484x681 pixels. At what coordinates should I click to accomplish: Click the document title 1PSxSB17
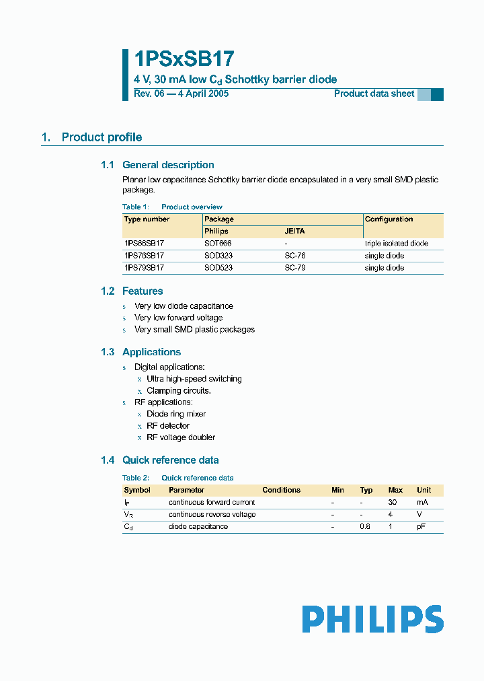(x=184, y=60)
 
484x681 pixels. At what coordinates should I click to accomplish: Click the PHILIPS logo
(x=372, y=619)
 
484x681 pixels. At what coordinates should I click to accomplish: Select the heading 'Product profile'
(x=102, y=137)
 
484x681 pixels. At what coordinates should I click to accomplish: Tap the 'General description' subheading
(x=168, y=165)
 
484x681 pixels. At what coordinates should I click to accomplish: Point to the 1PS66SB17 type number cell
(x=144, y=243)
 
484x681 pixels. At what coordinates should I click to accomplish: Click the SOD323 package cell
(x=218, y=256)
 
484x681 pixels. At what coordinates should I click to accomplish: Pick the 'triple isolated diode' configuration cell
(x=396, y=243)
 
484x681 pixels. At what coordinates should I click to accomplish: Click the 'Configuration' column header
(x=389, y=219)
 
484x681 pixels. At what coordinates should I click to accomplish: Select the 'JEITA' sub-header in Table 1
(x=294, y=231)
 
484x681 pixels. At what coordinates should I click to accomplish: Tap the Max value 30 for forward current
(x=394, y=502)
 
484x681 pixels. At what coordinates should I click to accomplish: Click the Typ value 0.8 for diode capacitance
(x=365, y=526)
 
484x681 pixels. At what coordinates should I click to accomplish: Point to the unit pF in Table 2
(x=422, y=526)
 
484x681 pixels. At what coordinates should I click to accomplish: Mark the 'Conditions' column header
(x=281, y=490)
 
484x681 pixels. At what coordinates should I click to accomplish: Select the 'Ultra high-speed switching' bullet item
(x=194, y=379)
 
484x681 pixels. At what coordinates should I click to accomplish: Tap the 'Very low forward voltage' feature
(x=179, y=318)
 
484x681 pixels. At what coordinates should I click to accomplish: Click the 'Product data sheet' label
(x=374, y=94)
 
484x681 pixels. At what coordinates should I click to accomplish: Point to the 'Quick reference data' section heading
(x=170, y=460)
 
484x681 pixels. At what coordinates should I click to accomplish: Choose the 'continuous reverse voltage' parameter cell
(x=212, y=514)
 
